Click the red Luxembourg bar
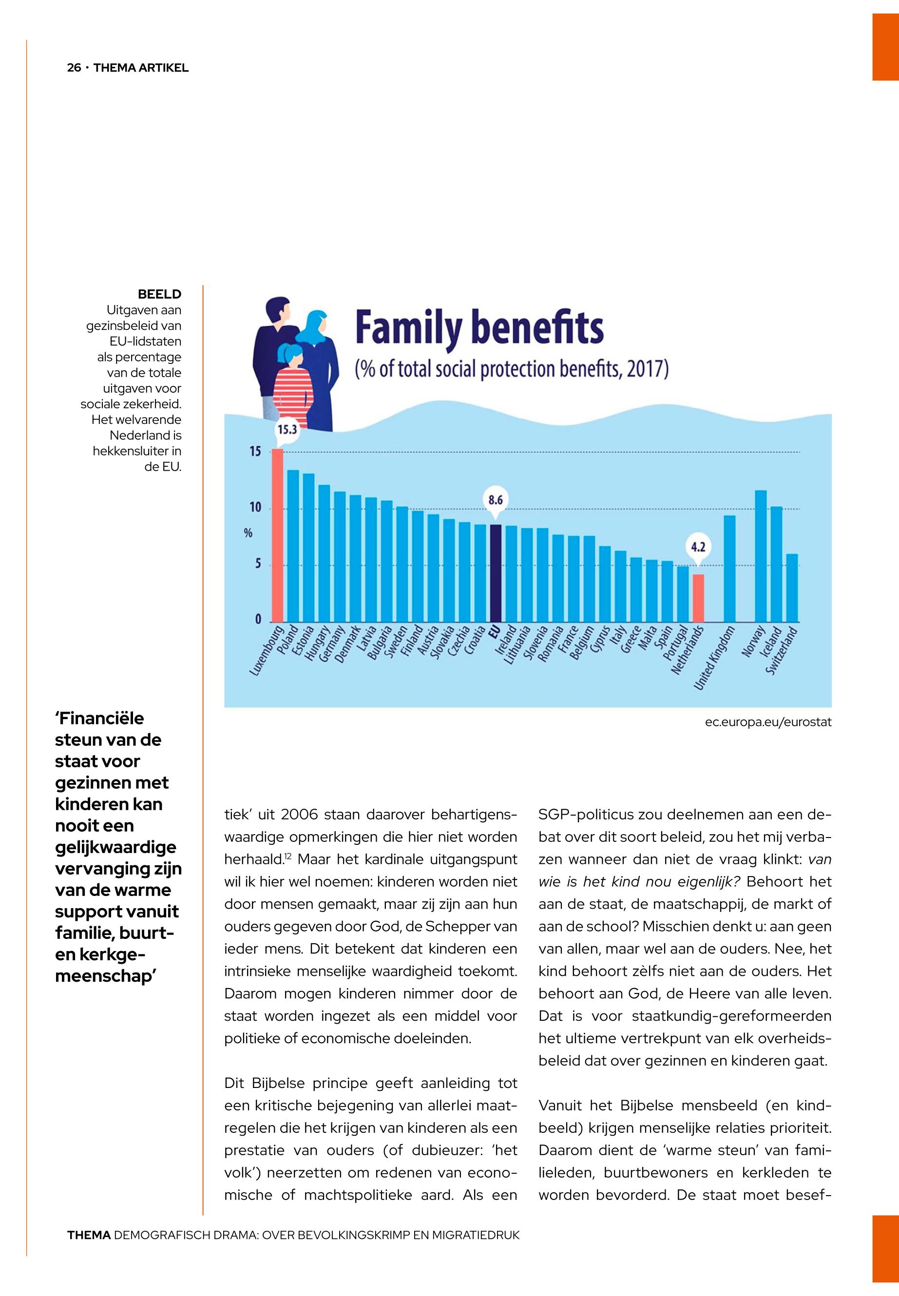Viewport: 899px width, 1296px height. tap(278, 535)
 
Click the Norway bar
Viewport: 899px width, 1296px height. tap(761, 556)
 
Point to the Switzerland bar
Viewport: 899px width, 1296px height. tap(792, 588)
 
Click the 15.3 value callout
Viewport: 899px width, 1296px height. tap(286, 430)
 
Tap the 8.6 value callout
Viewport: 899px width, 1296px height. tap(495, 499)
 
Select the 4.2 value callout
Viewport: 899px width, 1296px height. tap(698, 546)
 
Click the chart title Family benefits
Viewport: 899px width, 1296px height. tap(479, 329)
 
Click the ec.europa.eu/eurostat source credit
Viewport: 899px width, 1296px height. tap(768, 722)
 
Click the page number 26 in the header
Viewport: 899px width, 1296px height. tap(74, 68)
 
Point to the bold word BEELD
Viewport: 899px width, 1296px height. tap(159, 294)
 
